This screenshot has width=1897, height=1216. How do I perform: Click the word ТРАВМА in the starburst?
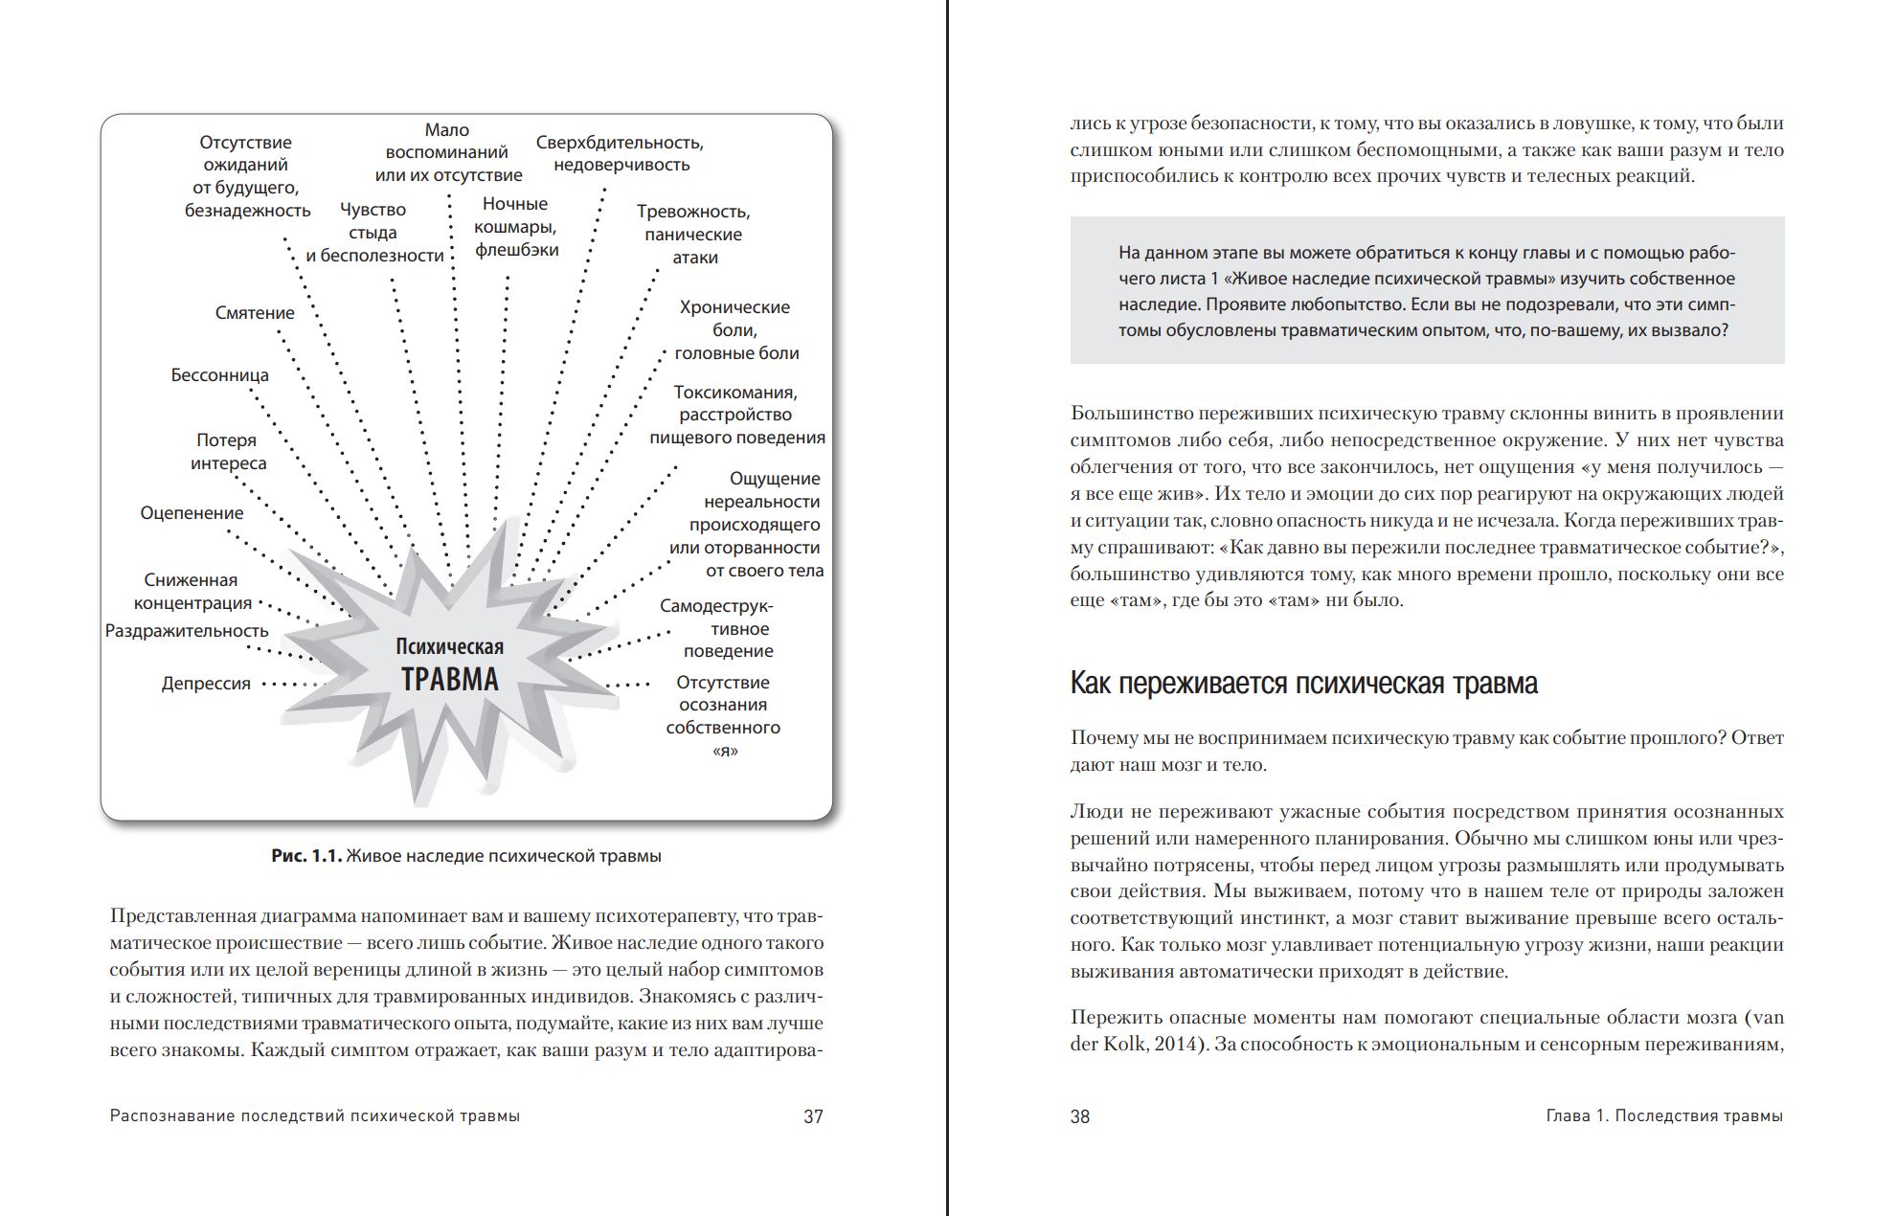pyautogui.click(x=449, y=679)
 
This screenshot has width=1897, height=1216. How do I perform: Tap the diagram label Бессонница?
pyautogui.click(x=219, y=375)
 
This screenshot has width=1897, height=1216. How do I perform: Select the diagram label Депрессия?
pyautogui.click(x=206, y=684)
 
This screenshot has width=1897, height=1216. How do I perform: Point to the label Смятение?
pyautogui.click(x=255, y=313)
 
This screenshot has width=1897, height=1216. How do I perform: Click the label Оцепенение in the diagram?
pyautogui.click(x=192, y=513)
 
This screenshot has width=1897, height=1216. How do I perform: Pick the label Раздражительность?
pyautogui.click(x=187, y=631)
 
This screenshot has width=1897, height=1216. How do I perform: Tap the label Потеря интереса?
pyautogui.click(x=228, y=452)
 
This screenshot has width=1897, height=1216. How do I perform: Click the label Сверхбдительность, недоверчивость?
pyautogui.click(x=620, y=153)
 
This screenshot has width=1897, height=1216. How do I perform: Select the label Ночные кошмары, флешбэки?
pyautogui.click(x=515, y=227)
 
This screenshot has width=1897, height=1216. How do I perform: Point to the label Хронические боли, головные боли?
pyautogui.click(x=735, y=330)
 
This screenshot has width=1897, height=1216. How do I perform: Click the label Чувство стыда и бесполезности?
pyautogui.click(x=373, y=233)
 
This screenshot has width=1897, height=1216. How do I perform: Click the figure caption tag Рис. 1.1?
pyautogui.click(x=306, y=856)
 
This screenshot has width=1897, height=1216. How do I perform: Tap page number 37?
pyautogui.click(x=813, y=1116)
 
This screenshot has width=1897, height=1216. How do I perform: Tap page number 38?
pyautogui.click(x=1080, y=1116)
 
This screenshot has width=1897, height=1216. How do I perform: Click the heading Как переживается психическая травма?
pyautogui.click(x=1303, y=684)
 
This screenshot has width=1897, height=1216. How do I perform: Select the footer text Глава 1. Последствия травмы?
pyautogui.click(x=1664, y=1116)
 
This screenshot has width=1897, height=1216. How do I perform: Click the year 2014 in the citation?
pyautogui.click(x=1178, y=1045)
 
